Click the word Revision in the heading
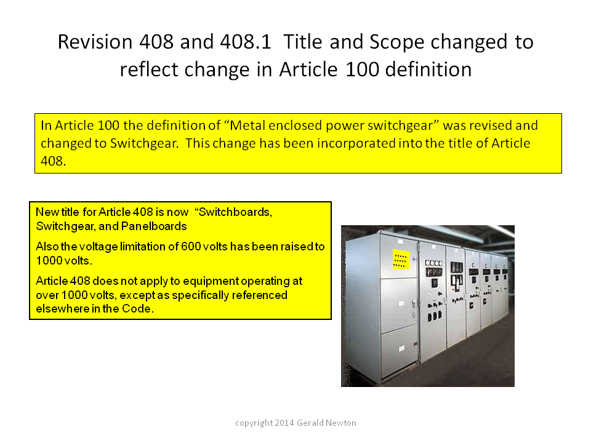(95, 41)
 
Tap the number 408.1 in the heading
(246, 41)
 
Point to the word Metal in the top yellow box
(246, 125)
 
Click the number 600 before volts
(191, 246)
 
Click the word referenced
(260, 295)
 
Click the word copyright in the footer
(254, 423)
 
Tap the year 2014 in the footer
(284, 423)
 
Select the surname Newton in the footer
(340, 423)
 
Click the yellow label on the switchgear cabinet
(401, 259)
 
